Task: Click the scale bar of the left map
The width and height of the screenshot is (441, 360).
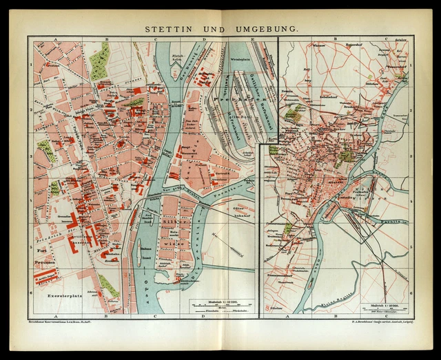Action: click(x=220, y=306)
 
